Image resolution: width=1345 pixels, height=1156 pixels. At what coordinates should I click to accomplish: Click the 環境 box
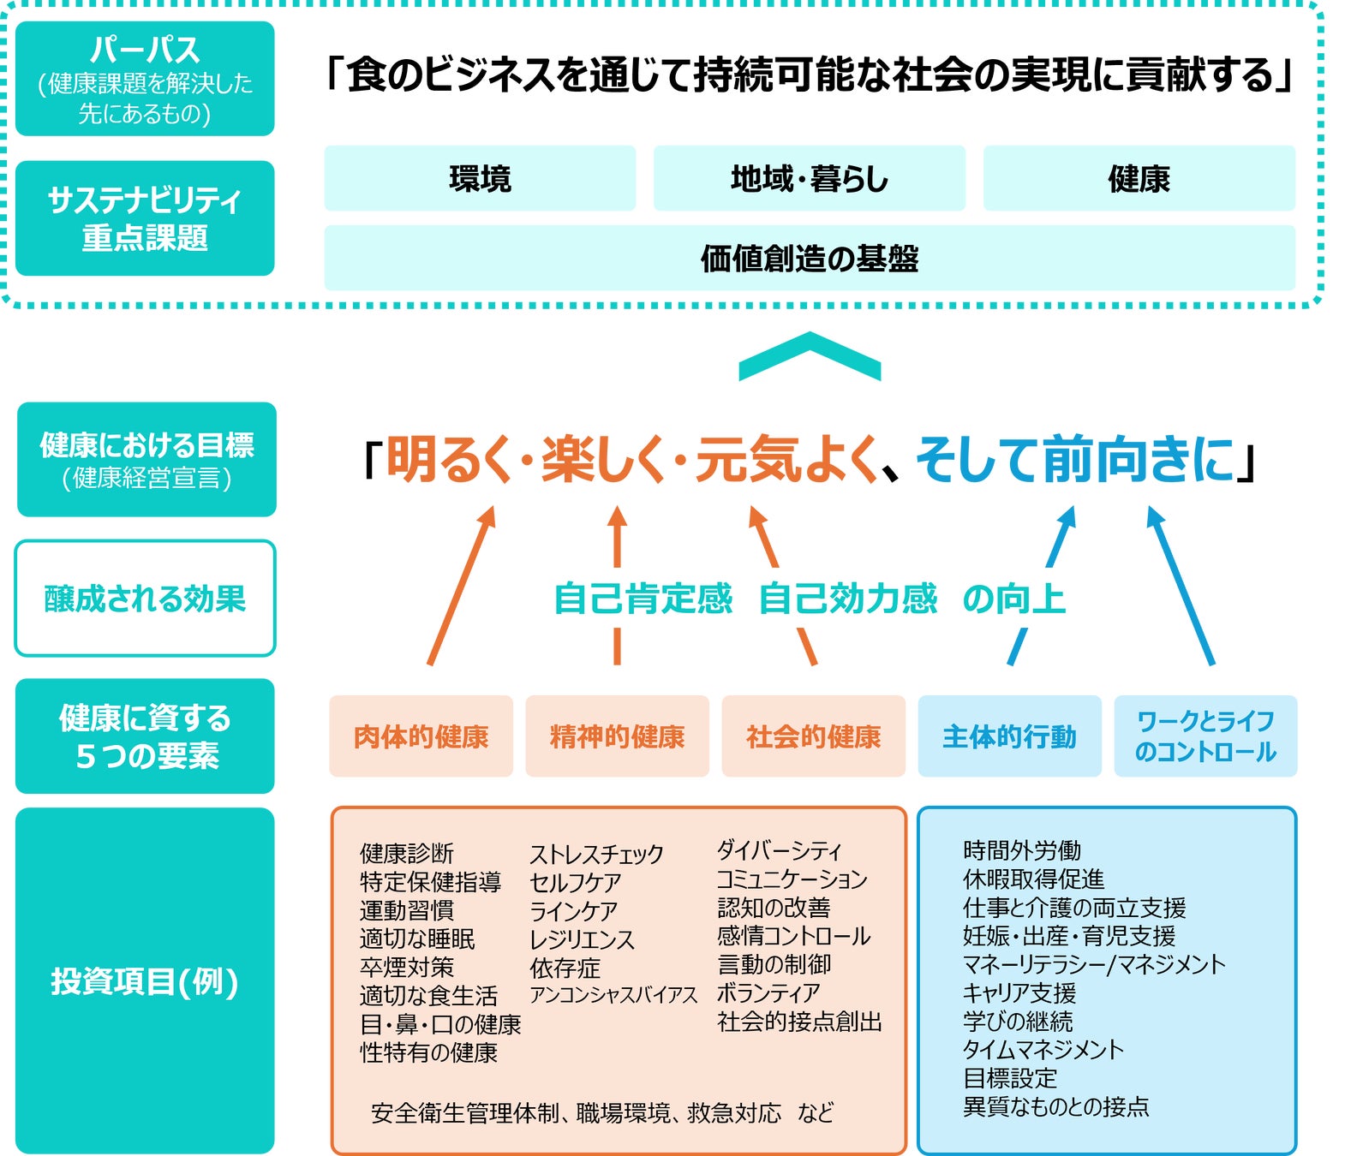click(480, 178)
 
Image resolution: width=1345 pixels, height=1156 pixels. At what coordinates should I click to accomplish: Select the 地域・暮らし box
click(809, 178)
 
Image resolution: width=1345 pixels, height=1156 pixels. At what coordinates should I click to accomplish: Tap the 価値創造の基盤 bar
click(809, 258)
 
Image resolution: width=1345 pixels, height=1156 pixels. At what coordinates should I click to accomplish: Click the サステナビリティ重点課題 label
click(145, 218)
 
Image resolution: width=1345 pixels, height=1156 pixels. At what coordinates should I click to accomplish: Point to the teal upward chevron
click(810, 355)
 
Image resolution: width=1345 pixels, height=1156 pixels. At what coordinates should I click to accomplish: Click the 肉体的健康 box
click(421, 736)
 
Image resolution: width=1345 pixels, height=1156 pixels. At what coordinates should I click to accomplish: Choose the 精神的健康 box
click(617, 736)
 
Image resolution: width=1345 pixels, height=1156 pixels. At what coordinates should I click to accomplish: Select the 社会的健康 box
click(813, 736)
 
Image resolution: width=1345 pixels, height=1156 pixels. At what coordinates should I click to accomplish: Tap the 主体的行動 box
click(1009, 736)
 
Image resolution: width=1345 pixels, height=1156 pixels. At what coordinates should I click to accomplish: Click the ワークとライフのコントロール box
click(1205, 736)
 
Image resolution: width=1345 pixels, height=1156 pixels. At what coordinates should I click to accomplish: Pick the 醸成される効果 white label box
click(145, 599)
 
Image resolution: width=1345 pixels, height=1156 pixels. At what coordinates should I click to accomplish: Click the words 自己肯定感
click(643, 599)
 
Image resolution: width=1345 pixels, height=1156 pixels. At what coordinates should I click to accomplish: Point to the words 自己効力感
click(848, 599)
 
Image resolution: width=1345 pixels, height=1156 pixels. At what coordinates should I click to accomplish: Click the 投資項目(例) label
click(145, 981)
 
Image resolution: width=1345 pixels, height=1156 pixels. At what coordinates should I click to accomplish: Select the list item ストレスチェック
click(596, 854)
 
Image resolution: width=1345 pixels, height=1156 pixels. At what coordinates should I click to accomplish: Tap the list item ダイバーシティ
click(780, 850)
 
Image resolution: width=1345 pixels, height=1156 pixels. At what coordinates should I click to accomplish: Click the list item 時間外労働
click(1022, 850)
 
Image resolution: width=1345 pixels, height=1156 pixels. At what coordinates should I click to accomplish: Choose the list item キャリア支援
click(1019, 992)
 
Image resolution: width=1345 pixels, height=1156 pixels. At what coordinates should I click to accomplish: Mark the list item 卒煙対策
click(407, 967)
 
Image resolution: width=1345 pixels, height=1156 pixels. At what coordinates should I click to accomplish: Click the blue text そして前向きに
click(1075, 460)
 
